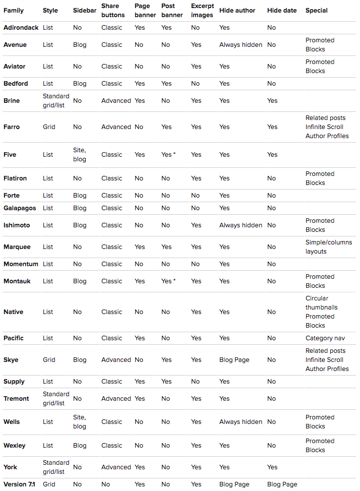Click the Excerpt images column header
pyautogui.click(x=202, y=10)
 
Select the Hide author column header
pyautogui.click(x=237, y=10)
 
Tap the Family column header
pyautogui.click(x=14, y=10)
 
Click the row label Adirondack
pyautogui.click(x=21, y=27)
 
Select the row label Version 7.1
pyautogui.click(x=20, y=484)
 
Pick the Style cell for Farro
pyautogui.click(x=48, y=127)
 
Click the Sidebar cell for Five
pyautogui.click(x=79, y=154)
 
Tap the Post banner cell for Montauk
pyautogui.click(x=168, y=281)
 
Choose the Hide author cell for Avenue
pyautogui.click(x=241, y=44)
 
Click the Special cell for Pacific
pyautogui.click(x=325, y=338)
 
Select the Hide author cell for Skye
pyautogui.click(x=234, y=359)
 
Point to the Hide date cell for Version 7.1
pyautogui.click(x=282, y=484)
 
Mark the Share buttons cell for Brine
pyautogui.click(x=116, y=100)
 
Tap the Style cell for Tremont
pyautogui.click(x=56, y=398)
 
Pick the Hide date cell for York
pyautogui.click(x=272, y=467)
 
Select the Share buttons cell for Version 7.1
pyautogui.click(x=105, y=484)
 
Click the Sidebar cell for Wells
pyautogui.click(x=79, y=421)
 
